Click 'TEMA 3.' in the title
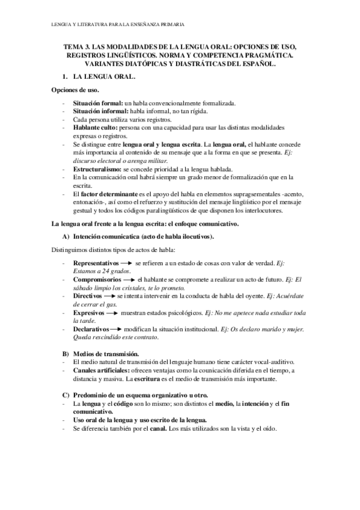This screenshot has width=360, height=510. [78, 47]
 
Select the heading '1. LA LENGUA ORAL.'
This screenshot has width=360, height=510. [101, 78]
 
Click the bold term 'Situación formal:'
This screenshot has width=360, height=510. [97, 103]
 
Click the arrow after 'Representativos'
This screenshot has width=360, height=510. [127, 263]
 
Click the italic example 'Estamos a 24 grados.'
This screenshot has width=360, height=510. [102, 272]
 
